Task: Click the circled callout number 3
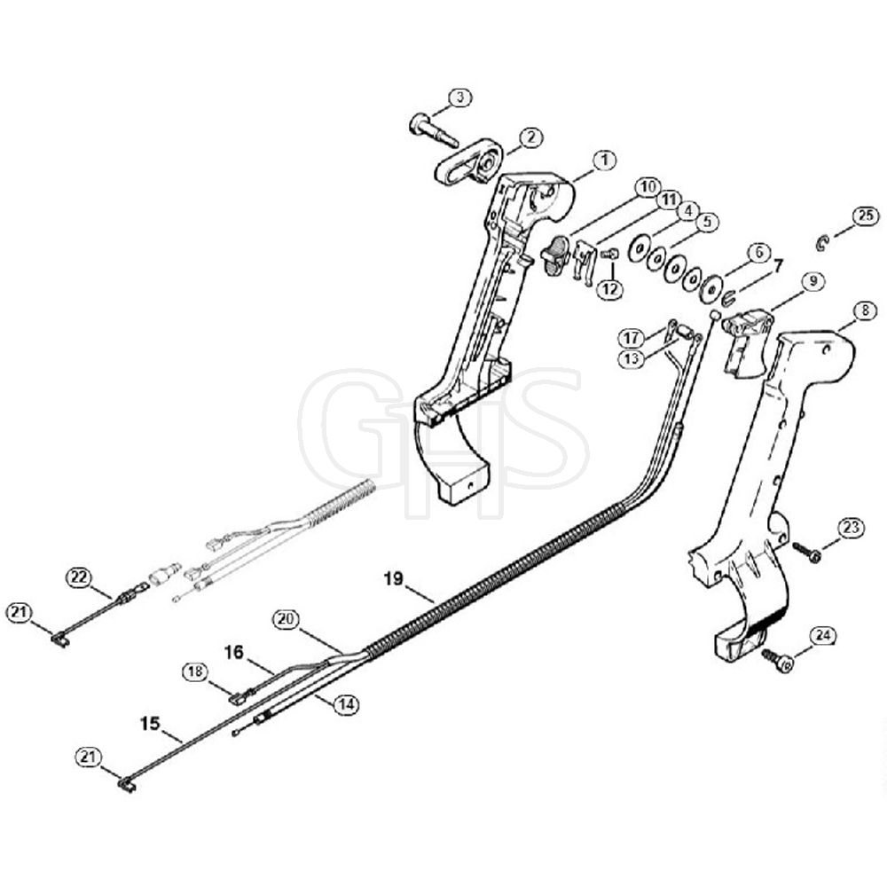pyautogui.click(x=459, y=98)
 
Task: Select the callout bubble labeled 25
pyautogui.click(x=866, y=216)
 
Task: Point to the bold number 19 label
pyautogui.click(x=393, y=578)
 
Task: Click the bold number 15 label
pyautogui.click(x=151, y=724)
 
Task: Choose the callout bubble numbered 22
pyautogui.click(x=80, y=577)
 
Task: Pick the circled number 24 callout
pyautogui.click(x=822, y=636)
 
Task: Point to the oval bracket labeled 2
pyautogui.click(x=468, y=161)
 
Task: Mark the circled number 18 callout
pyautogui.click(x=194, y=671)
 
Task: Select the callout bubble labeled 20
pyautogui.click(x=286, y=619)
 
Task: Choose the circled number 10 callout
pyautogui.click(x=648, y=186)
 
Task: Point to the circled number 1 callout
pyautogui.click(x=605, y=160)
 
